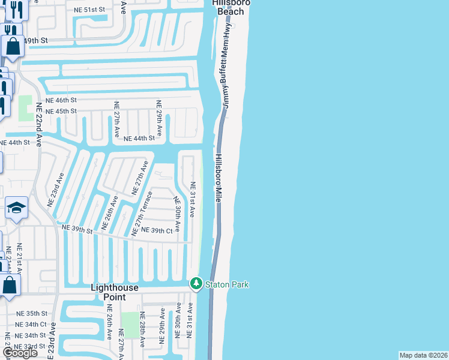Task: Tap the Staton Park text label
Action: pyautogui.click(x=228, y=284)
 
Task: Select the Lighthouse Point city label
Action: pyautogui.click(x=115, y=293)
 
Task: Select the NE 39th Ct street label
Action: pyautogui.click(x=157, y=231)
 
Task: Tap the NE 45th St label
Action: pyautogui.click(x=61, y=112)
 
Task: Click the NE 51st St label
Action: pyautogui.click(x=89, y=10)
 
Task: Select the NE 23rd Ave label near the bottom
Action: pyautogui.click(x=53, y=339)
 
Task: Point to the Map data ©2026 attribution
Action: pyautogui.click(x=423, y=355)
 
